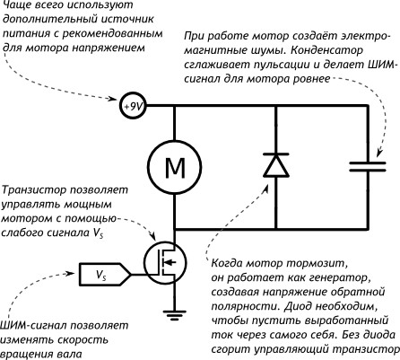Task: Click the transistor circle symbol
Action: click(164, 260)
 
